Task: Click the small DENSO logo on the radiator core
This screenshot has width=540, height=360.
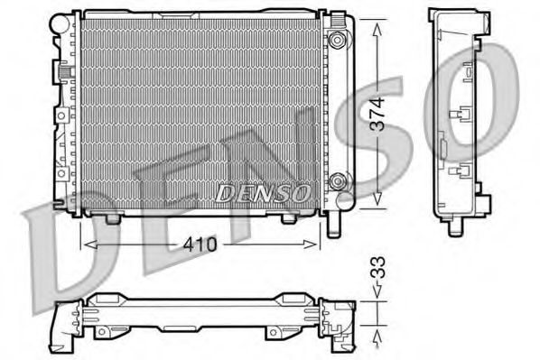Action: (x=264, y=191)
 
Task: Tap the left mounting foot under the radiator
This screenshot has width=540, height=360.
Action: (x=113, y=217)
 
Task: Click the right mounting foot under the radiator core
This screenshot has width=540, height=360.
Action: (x=288, y=217)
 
